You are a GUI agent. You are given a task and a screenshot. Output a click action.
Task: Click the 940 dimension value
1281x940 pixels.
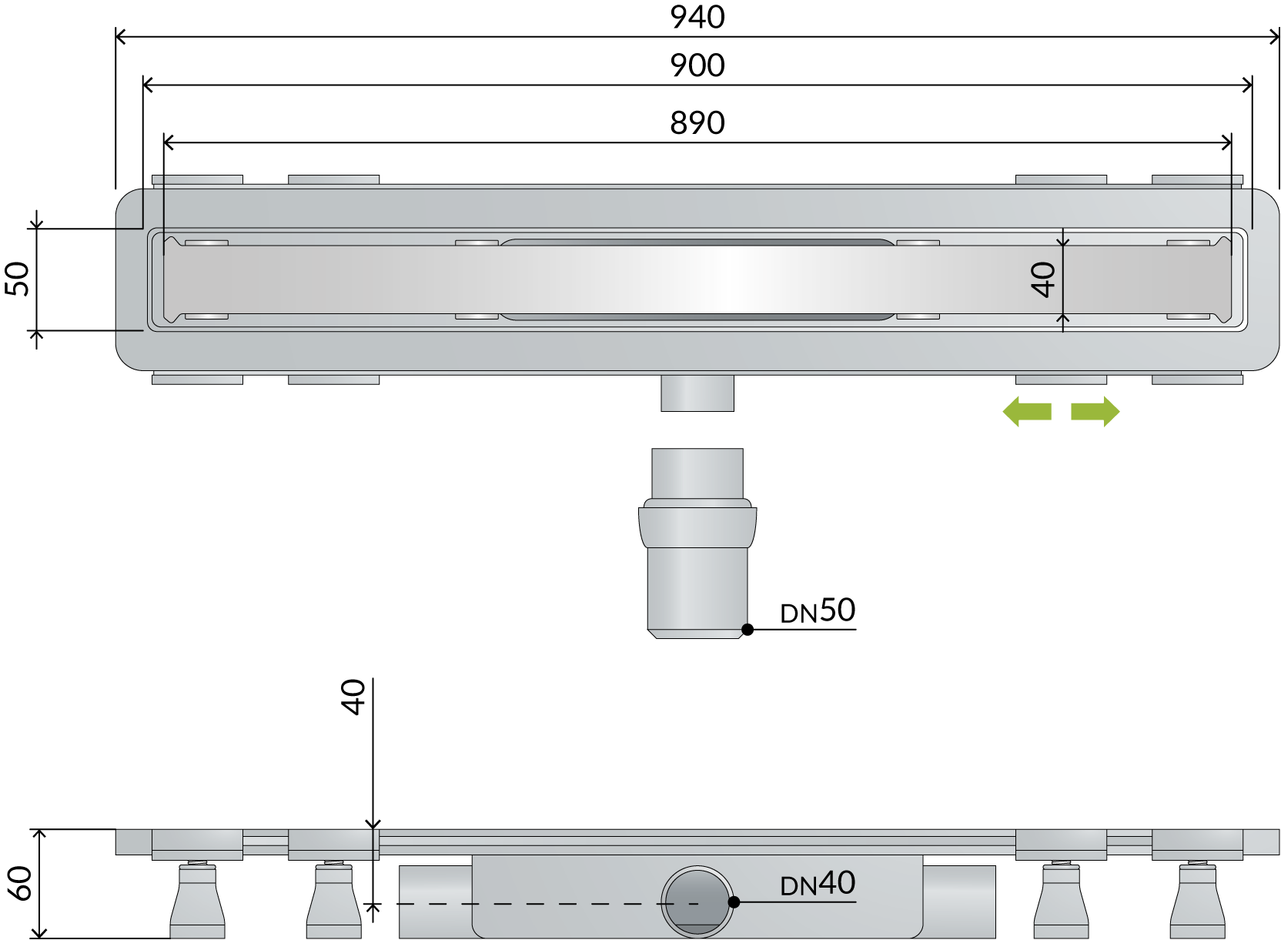coord(697,18)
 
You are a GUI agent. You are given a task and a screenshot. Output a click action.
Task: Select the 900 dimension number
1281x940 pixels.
coord(697,65)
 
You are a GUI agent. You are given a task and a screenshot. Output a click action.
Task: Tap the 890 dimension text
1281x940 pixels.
coord(697,123)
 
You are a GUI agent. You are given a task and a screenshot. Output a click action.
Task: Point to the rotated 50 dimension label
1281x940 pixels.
coord(17,279)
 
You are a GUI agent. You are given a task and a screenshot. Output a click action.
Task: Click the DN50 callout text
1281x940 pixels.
coord(818,610)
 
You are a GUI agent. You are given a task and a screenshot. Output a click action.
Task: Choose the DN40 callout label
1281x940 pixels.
coord(818,883)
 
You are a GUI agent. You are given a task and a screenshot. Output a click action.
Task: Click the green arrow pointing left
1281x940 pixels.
coord(1027,412)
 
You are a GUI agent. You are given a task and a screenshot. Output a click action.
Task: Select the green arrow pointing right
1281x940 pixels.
coord(1095,412)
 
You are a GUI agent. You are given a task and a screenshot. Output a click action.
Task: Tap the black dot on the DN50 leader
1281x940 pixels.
coord(748,630)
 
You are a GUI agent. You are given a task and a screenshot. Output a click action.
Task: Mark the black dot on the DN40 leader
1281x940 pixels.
coord(734,902)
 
